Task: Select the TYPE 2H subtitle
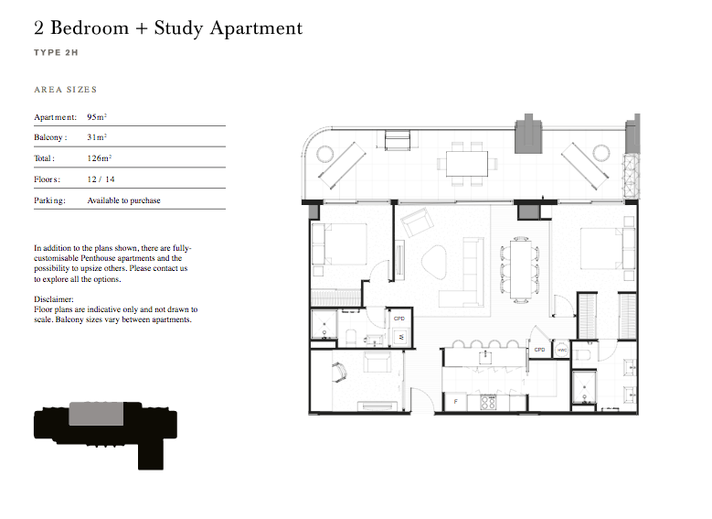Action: pos(56,53)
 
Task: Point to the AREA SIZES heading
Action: pos(66,90)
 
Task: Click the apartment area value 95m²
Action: pos(97,117)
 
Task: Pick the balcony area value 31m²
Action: pos(97,137)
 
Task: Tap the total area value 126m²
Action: pos(100,157)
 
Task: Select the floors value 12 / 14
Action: pos(101,179)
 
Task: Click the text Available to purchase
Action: pos(123,200)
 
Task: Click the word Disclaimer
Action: pos(54,299)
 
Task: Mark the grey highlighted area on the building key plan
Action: pos(96,414)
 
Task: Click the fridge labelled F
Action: pos(456,402)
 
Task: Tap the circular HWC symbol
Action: pos(562,350)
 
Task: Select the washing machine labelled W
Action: pos(401,337)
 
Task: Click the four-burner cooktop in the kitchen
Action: pos(488,403)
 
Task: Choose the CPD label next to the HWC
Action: pos(539,350)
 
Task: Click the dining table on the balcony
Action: pos(467,164)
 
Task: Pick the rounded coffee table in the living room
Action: pos(433,263)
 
